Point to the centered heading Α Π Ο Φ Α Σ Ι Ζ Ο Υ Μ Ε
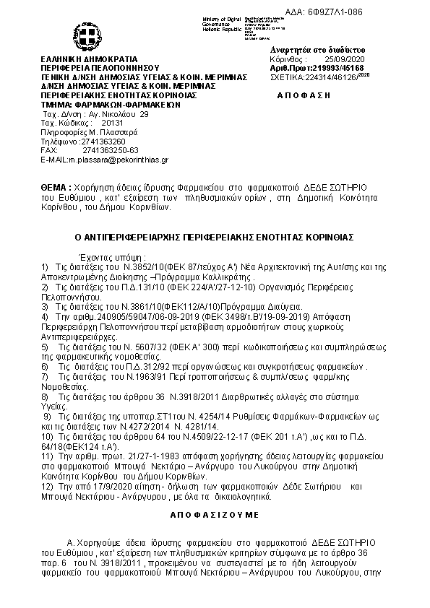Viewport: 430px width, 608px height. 215,516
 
